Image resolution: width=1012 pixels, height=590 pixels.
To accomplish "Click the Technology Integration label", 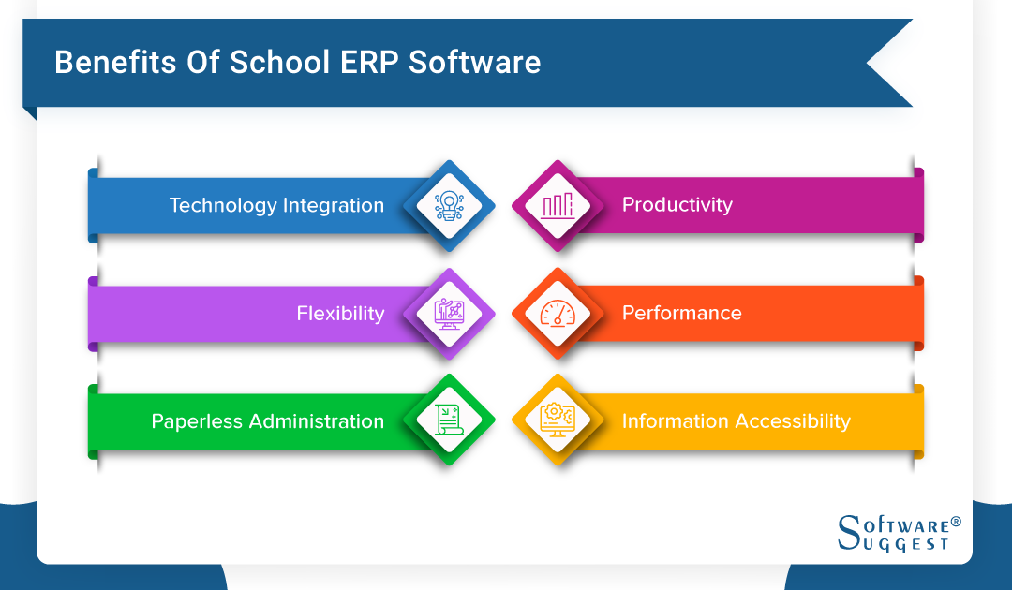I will (x=276, y=205).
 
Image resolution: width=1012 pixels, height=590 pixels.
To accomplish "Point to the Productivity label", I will (x=677, y=204).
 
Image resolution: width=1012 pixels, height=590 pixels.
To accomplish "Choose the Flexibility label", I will (x=340, y=313).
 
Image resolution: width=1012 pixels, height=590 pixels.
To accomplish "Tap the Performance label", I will (x=681, y=313).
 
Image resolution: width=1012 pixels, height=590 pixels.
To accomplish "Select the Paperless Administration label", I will (x=267, y=421).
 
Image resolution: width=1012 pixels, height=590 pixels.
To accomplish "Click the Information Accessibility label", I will (x=736, y=421).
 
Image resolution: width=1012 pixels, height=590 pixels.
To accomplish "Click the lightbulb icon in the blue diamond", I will (x=449, y=205).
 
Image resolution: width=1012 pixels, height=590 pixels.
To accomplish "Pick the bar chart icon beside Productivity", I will (x=558, y=205).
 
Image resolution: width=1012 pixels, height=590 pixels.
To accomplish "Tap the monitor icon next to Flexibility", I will (x=449, y=313).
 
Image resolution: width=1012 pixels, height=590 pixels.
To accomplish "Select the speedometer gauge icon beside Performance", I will (x=558, y=313).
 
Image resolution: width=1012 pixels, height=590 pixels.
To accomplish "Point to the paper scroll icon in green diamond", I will (x=449, y=420).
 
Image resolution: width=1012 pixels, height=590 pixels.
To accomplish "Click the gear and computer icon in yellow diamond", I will (x=558, y=420).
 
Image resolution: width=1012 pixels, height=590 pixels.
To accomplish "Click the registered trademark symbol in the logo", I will (x=956, y=521).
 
